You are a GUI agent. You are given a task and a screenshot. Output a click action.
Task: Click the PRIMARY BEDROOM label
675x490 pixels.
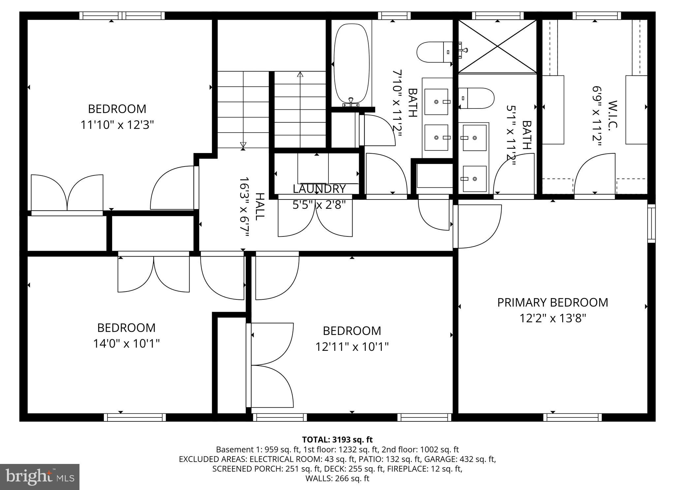coord(552,302)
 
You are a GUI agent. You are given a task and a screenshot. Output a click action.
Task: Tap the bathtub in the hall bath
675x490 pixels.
coord(351,64)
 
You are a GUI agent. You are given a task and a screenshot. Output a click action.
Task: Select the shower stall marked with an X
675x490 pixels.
coord(497,46)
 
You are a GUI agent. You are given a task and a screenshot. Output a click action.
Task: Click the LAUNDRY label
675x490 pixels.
coord(319,189)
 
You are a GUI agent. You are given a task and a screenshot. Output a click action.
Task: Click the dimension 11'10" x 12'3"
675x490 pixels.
coord(117,125)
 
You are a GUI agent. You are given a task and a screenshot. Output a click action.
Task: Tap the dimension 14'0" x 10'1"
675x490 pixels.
coord(126,344)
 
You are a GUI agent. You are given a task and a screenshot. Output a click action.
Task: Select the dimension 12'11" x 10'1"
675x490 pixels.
coord(352,347)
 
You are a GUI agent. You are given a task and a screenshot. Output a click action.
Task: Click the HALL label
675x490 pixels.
coord(260,207)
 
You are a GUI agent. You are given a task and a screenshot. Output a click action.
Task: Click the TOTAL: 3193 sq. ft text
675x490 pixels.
coord(337,440)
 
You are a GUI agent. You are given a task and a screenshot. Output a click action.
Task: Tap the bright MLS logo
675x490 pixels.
coord(40,477)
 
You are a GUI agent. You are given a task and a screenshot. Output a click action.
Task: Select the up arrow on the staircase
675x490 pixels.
coord(300,75)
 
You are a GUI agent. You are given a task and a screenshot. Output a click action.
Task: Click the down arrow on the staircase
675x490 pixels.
coord(243,144)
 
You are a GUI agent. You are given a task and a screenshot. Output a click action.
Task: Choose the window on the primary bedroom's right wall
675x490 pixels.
coord(651,223)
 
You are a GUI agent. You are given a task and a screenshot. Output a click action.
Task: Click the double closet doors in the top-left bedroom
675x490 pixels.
coord(67,193)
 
